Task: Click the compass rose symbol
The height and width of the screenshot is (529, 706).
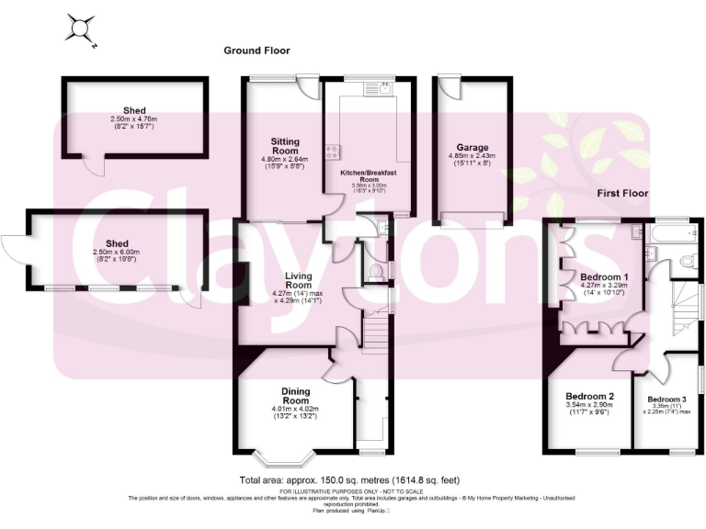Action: coord(79,29)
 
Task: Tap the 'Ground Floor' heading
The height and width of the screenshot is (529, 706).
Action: coord(258,50)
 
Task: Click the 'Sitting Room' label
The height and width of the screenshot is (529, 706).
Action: coord(285,145)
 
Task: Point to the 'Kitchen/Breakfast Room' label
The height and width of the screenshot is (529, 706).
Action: coord(367,176)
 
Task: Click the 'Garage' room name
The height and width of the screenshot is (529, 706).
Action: coord(473,147)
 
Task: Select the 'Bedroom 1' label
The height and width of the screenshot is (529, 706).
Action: coord(604,276)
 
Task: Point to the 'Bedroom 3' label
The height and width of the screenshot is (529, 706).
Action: coord(666,400)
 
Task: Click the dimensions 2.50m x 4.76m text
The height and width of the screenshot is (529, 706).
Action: coord(128,118)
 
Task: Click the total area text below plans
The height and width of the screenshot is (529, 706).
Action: coord(349,479)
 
